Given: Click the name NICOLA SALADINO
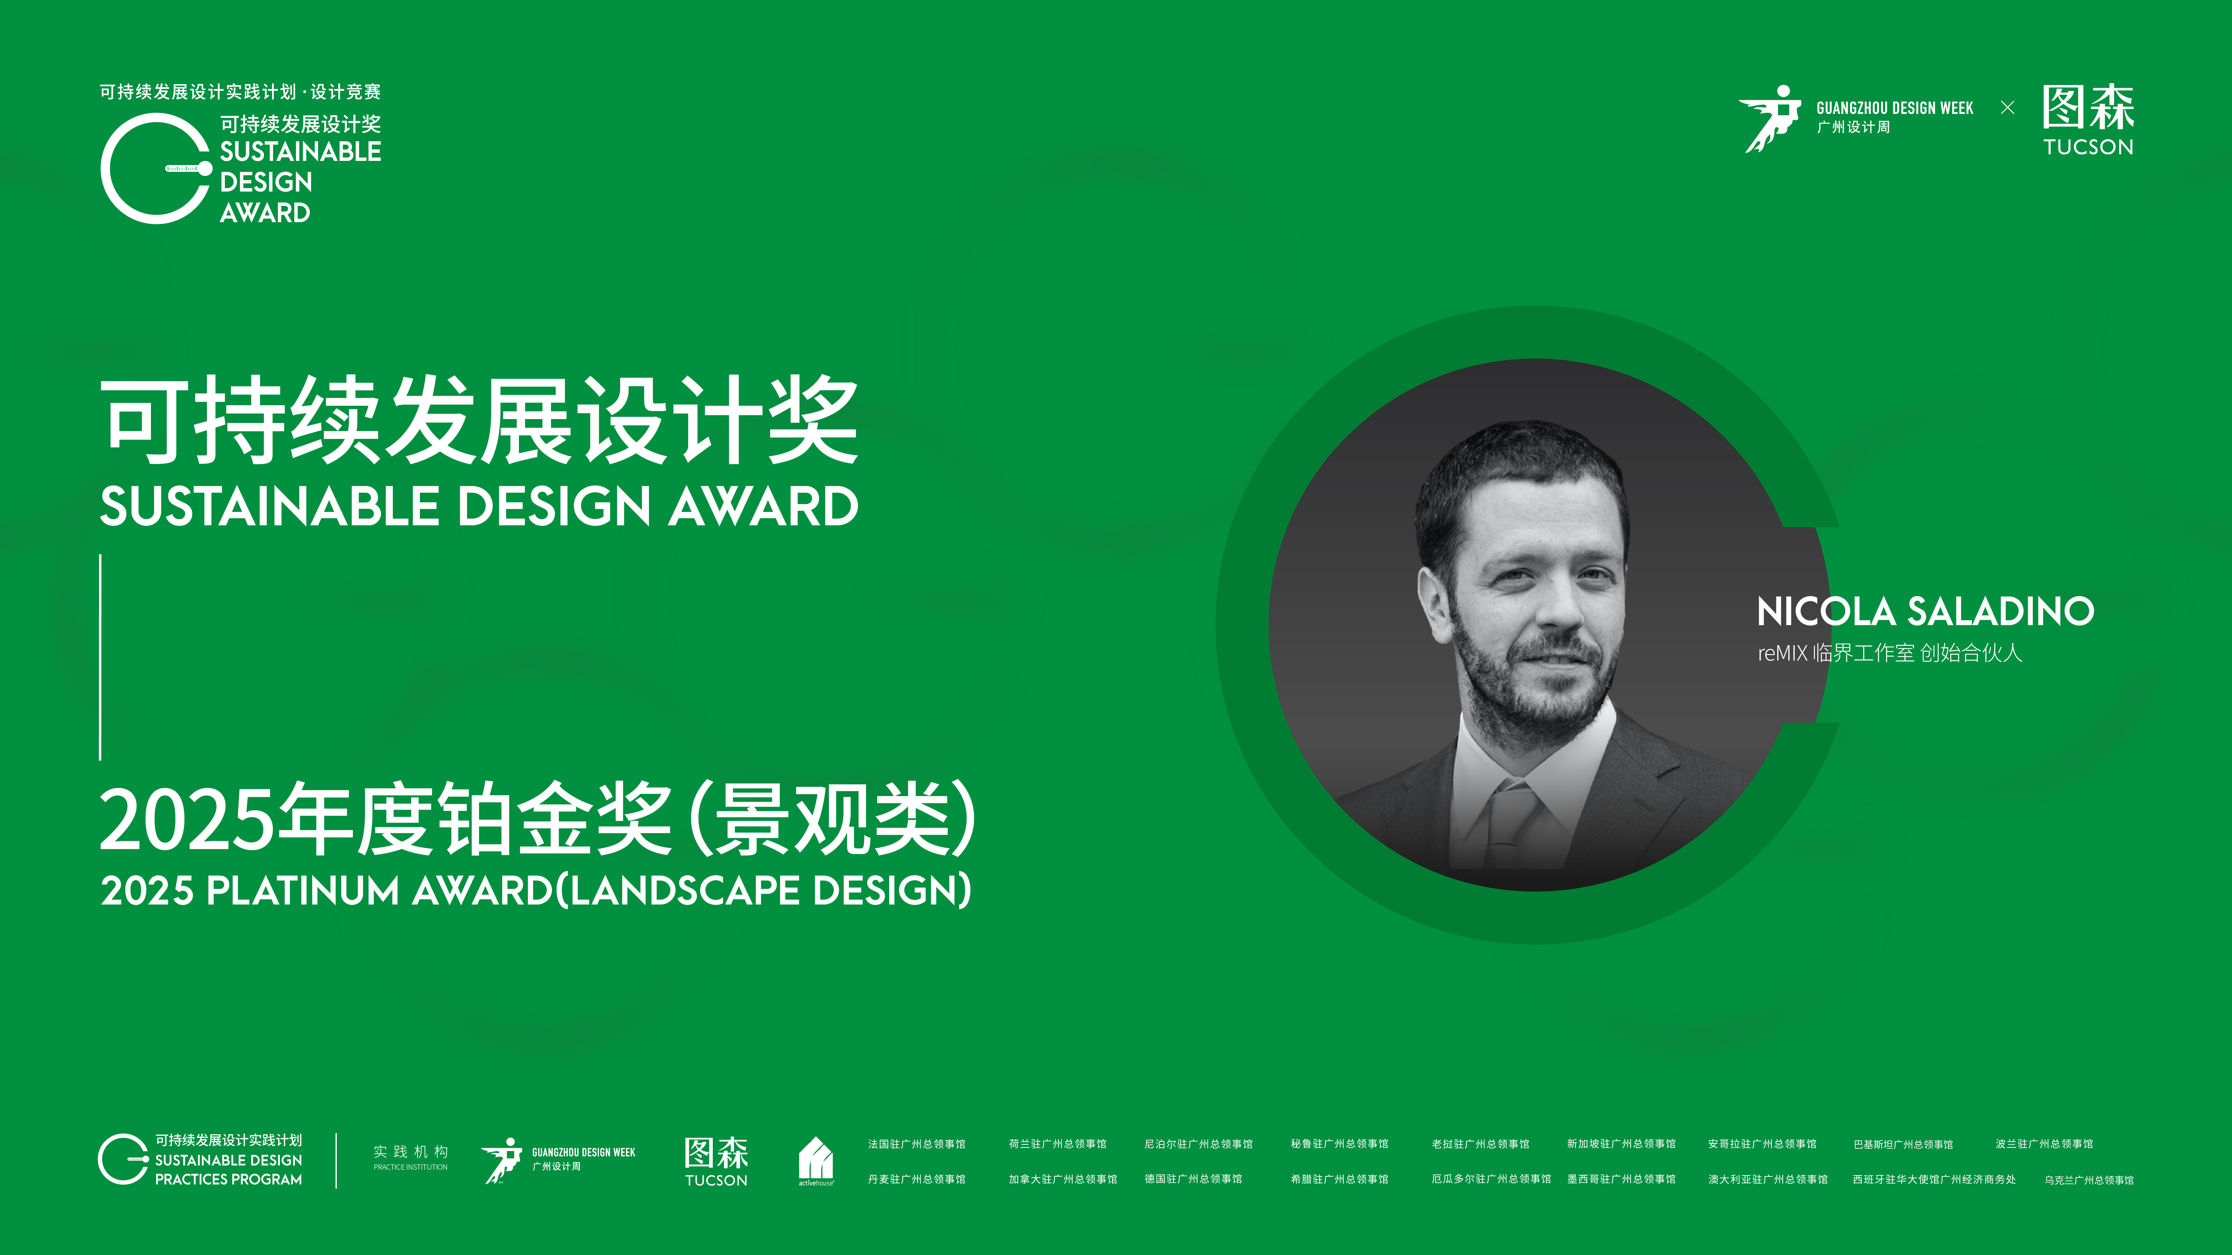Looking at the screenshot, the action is coord(1925,611).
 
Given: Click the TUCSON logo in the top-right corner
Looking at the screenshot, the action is coord(2088,120).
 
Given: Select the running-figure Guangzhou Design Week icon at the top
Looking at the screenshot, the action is coord(1769,119).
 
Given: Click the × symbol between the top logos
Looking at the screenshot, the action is coord(2008,107).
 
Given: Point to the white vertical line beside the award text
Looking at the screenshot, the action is coord(100,657).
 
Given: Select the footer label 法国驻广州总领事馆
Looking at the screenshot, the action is coord(917,1144).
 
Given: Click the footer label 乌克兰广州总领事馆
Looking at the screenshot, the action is coord(2089,1180).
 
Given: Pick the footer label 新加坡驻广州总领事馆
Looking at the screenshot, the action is coord(1621,1144).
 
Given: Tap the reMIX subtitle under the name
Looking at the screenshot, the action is coord(1890,653).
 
